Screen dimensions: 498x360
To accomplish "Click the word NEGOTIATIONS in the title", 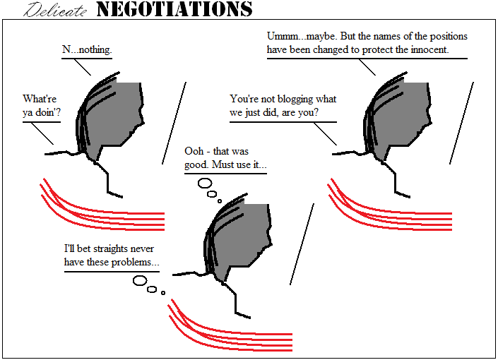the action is [174, 9].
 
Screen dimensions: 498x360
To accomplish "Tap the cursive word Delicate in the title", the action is [55, 10].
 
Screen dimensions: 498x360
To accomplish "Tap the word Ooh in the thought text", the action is [194, 151].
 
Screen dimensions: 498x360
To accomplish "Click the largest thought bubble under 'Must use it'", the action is [205, 183].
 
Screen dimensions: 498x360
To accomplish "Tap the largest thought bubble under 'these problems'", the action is [140, 281].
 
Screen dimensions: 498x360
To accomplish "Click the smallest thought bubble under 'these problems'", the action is [163, 293].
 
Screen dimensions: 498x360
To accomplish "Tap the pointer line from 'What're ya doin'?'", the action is [42, 133].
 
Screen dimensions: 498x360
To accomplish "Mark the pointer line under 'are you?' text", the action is [326, 134].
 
